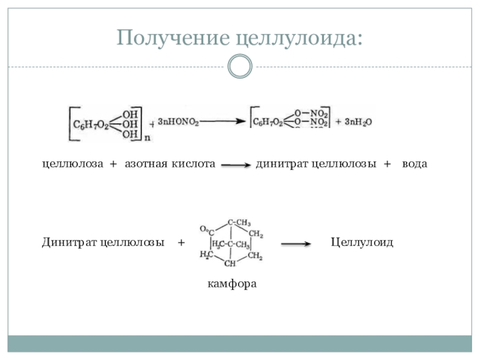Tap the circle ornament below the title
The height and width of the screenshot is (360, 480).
click(x=241, y=66)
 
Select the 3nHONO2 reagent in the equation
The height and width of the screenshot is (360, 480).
click(x=178, y=122)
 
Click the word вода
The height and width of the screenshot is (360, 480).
click(x=415, y=164)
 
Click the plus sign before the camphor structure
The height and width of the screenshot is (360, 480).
click(x=181, y=243)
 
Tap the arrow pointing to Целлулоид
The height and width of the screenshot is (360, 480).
click(x=295, y=244)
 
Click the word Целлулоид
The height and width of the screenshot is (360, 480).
click(x=362, y=243)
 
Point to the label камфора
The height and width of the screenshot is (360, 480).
click(x=232, y=282)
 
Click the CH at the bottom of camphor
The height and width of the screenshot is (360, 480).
click(x=229, y=263)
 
